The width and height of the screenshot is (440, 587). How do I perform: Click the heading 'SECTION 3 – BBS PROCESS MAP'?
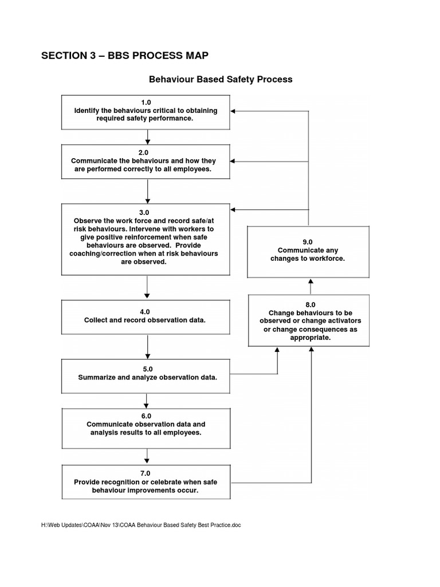coord(125,56)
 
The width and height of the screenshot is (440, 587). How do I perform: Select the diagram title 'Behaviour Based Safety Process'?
coord(221,79)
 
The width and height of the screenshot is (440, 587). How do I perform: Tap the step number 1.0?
coord(148,102)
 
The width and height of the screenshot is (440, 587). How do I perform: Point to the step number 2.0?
coord(148,152)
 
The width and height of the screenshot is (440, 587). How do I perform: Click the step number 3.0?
coord(148,212)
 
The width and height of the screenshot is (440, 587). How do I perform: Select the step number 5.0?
coord(148,369)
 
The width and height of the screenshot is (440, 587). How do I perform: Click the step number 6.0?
coord(148,416)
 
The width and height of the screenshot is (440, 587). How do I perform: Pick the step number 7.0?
coord(148,473)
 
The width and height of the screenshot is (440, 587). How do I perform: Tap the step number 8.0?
coord(311,304)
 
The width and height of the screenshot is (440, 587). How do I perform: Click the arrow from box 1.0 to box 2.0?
coord(148,136)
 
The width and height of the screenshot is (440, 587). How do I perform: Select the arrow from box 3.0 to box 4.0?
coord(148,287)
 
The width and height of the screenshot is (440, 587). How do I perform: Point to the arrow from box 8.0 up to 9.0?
coord(311,285)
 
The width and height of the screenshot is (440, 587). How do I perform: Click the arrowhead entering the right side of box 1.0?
coord(237,111)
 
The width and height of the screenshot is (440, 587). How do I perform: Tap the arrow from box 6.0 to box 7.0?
coord(148,456)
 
